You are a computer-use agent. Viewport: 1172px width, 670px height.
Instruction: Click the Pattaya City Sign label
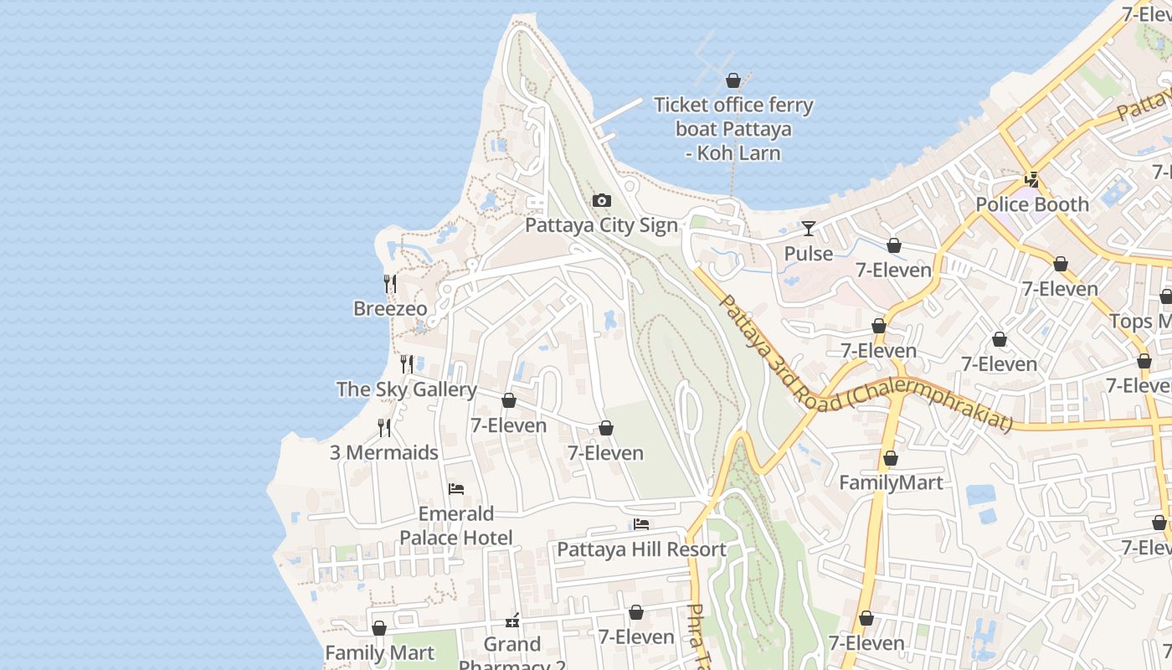coord(601,225)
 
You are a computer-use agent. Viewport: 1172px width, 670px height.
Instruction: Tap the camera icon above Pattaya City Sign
coord(601,201)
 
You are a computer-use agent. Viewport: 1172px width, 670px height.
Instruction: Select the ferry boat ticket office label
coord(732,129)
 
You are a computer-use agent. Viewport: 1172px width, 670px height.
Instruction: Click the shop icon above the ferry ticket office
coord(733,80)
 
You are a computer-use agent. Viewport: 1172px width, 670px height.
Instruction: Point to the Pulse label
coord(808,253)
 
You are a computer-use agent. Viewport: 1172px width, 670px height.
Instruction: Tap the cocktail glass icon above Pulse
coord(808,228)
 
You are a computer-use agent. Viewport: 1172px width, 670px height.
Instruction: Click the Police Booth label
coord(1032,204)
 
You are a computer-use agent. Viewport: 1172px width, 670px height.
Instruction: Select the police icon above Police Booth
coord(1032,179)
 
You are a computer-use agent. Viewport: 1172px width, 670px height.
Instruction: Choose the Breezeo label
coord(390,308)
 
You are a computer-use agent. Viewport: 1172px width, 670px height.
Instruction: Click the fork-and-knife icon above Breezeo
coord(390,284)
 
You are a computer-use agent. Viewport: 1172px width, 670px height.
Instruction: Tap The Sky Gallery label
coord(406,389)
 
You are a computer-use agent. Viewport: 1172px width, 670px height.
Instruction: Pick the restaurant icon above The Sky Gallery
coord(407,363)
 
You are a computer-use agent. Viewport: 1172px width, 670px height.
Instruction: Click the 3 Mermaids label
coord(383,452)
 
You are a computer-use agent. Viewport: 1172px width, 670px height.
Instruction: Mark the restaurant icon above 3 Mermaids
coord(384,428)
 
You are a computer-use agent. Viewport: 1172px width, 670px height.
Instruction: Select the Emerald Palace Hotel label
coord(456,525)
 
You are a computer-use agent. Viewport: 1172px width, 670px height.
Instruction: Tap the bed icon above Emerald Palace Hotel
coord(456,489)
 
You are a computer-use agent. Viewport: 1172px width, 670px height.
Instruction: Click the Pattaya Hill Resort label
coord(641,549)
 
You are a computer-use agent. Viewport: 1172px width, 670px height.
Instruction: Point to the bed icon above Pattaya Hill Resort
coord(641,524)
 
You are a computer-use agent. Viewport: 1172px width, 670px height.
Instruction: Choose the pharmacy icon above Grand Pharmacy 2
coord(512,621)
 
